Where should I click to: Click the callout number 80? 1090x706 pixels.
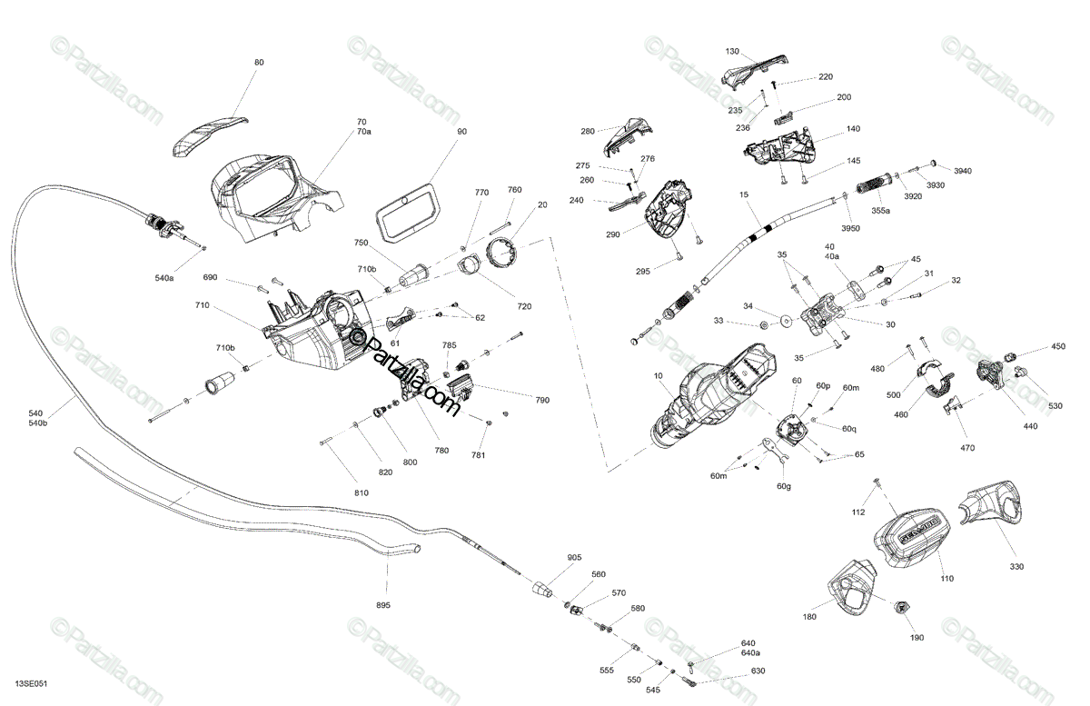point(259,62)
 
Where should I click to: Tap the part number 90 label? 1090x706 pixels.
point(462,132)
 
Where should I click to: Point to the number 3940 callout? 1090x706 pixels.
point(962,170)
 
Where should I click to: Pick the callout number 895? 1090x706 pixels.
point(382,605)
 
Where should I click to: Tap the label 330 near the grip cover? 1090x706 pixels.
point(1016,566)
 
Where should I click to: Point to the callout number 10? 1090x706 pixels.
point(658,375)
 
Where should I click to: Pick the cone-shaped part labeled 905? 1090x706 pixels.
point(543,587)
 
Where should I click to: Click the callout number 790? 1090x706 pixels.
point(542,400)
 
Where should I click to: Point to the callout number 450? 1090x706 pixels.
point(1058,346)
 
